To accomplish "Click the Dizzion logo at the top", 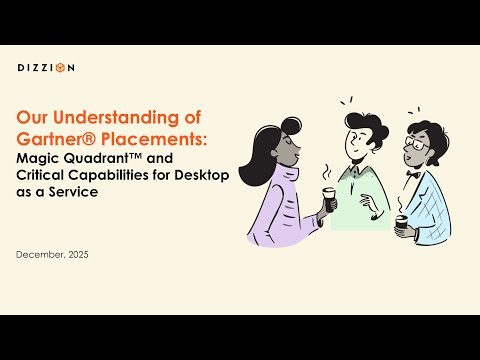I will (46, 68).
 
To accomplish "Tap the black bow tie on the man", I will (411, 173).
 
